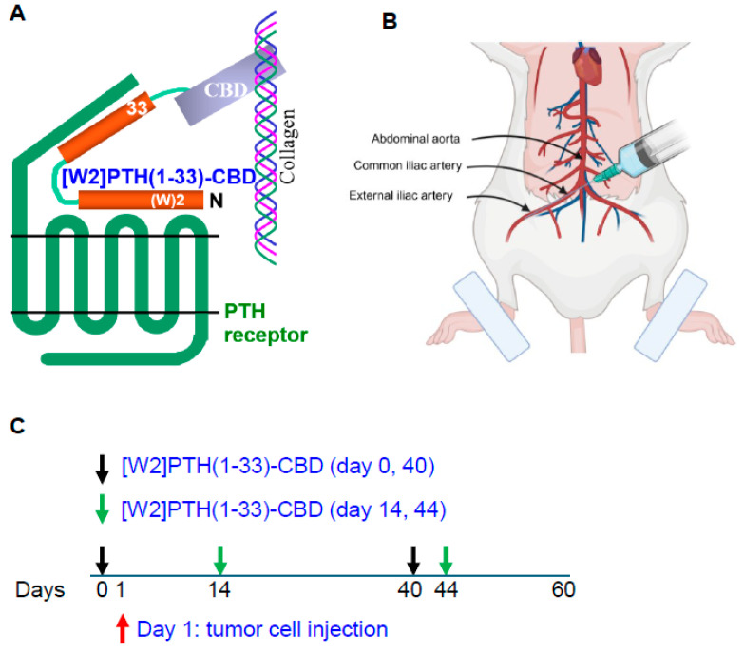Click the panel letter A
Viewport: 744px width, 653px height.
(16, 16)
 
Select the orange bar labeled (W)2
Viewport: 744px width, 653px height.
(141, 200)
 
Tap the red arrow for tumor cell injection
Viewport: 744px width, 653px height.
(121, 628)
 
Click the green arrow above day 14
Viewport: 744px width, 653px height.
(220, 558)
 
